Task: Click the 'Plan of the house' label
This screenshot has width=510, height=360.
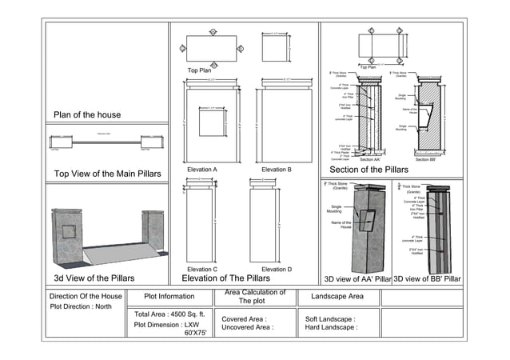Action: click(x=86, y=115)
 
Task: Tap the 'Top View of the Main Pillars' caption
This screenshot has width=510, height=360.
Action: click(x=107, y=174)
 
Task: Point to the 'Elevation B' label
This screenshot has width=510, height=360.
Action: click(x=276, y=170)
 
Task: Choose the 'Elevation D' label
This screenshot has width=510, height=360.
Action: click(x=276, y=270)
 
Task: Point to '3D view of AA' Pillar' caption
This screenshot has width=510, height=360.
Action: click(x=357, y=279)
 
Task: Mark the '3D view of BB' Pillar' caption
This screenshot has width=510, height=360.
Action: click(x=428, y=279)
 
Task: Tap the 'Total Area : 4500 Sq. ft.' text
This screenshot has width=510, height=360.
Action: click(x=171, y=314)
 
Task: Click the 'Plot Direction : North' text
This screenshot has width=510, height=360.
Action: click(x=81, y=306)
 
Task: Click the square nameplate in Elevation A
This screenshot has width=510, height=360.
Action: click(x=211, y=123)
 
